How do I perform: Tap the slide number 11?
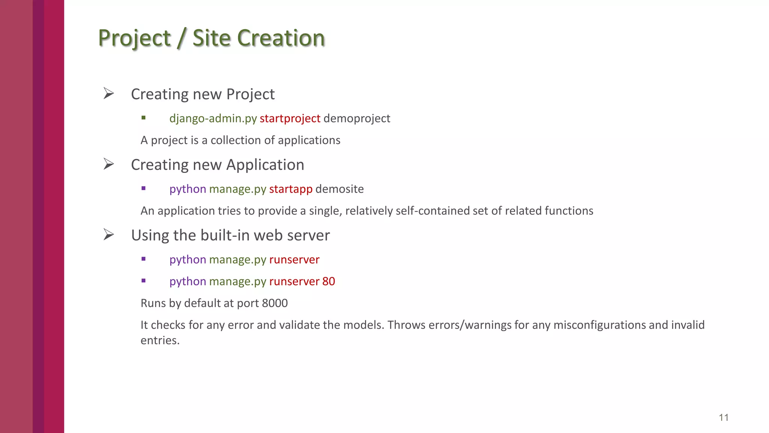[x=723, y=418]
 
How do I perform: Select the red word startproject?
[x=290, y=118]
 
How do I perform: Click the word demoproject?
[x=357, y=118]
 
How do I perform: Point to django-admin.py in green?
[x=213, y=118]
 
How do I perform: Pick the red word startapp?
[x=291, y=189]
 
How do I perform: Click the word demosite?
[x=339, y=189]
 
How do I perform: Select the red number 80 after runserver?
[x=329, y=282]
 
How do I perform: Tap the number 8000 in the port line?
[x=275, y=303]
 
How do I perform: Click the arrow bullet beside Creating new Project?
[x=109, y=93]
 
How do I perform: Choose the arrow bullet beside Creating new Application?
[x=109, y=164]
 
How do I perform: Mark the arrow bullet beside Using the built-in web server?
[x=109, y=235]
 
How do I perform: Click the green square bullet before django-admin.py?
[x=143, y=118]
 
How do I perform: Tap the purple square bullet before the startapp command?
[x=143, y=189]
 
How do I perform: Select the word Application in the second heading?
[x=265, y=165]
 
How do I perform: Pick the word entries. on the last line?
[x=160, y=341]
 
